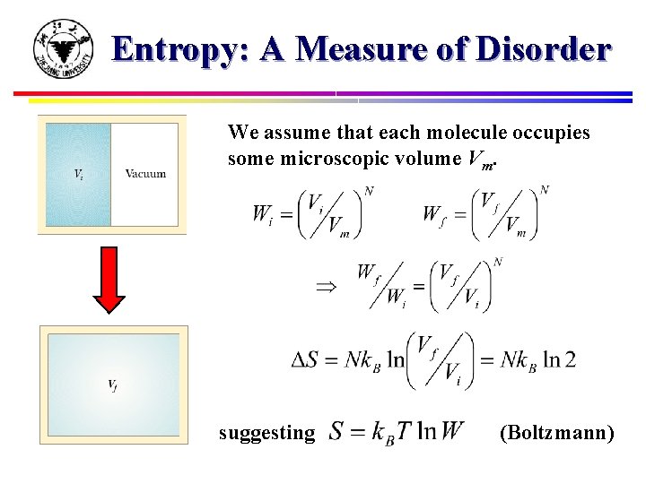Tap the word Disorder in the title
543,49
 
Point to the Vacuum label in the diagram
145,173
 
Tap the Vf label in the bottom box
112,385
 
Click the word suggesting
267,433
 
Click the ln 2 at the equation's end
558,359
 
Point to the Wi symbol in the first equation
263,215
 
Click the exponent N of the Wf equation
544,190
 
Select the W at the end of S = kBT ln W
451,431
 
